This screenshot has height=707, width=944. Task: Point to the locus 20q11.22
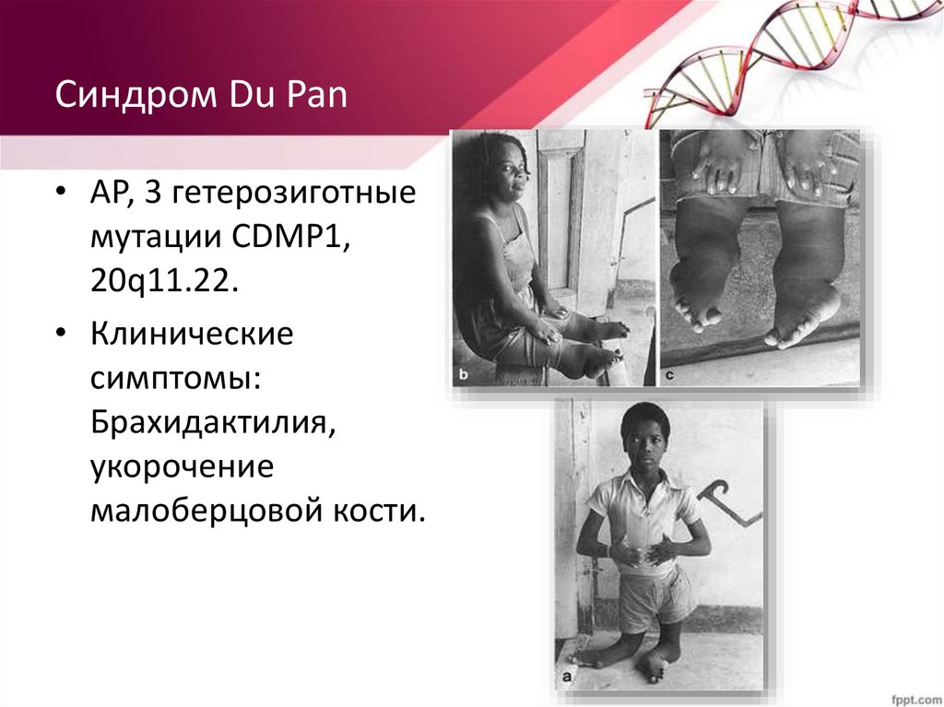click(164, 282)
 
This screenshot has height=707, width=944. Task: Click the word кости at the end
click(375, 510)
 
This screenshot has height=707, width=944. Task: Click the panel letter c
click(670, 375)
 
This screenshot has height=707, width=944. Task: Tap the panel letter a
click(565, 678)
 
